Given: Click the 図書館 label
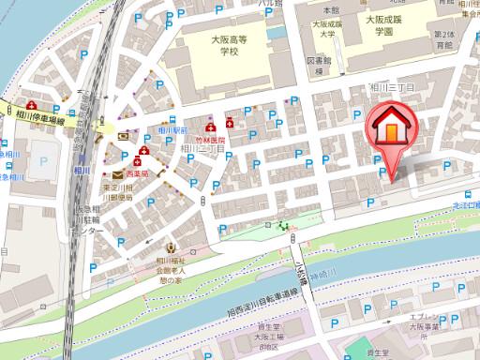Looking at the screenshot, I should (319, 65).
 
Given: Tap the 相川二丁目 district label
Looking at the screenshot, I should (202, 147).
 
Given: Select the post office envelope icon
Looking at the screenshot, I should (116, 175).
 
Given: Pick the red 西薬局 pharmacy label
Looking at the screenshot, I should (139, 175).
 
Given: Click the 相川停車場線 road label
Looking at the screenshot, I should (46, 119).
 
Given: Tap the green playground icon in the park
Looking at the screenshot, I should (281, 225).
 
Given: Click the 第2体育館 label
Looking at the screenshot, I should (444, 40).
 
